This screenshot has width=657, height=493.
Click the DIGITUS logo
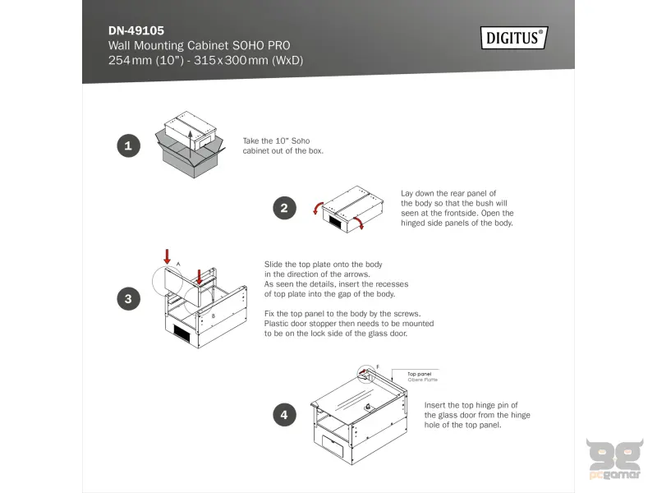(x=514, y=38)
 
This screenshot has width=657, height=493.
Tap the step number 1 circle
(x=127, y=147)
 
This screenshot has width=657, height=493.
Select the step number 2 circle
(x=284, y=208)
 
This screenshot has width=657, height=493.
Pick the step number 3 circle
(x=127, y=299)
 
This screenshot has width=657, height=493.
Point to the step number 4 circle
(x=284, y=415)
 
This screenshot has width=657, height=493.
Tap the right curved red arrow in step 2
(x=358, y=223)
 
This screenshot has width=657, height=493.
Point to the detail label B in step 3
(x=213, y=316)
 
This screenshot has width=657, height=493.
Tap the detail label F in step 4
(x=377, y=366)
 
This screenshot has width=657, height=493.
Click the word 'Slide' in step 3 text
(x=273, y=264)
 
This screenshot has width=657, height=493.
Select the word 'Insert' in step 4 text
(x=435, y=405)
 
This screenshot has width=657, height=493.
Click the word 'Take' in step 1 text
(x=251, y=141)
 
